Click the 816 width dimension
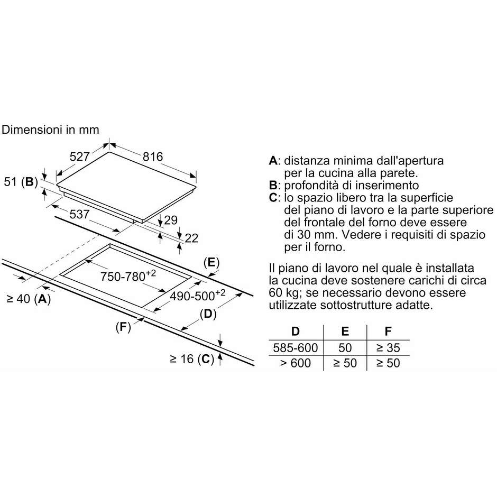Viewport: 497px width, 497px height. (153, 157)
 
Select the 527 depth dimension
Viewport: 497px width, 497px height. (79, 157)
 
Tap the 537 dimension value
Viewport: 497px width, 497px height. (79, 214)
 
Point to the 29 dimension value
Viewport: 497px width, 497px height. (171, 220)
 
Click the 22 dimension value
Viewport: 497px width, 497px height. (191, 238)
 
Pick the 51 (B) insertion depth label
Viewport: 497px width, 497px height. (21, 182)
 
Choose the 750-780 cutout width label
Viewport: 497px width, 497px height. (128, 276)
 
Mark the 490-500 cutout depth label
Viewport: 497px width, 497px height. (198, 296)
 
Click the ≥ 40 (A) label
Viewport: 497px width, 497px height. (29, 299)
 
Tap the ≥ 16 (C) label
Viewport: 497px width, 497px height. (192, 359)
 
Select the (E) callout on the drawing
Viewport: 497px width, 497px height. (211, 262)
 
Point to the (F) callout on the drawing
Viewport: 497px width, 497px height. (123, 327)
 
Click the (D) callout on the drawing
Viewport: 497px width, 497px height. (208, 314)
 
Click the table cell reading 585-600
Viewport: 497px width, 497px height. (296, 348)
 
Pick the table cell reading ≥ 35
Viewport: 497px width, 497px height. (388, 348)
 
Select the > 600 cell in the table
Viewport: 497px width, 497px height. (296, 363)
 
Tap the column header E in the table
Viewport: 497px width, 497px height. (345, 332)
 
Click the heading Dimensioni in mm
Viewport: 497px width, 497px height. (50, 130)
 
